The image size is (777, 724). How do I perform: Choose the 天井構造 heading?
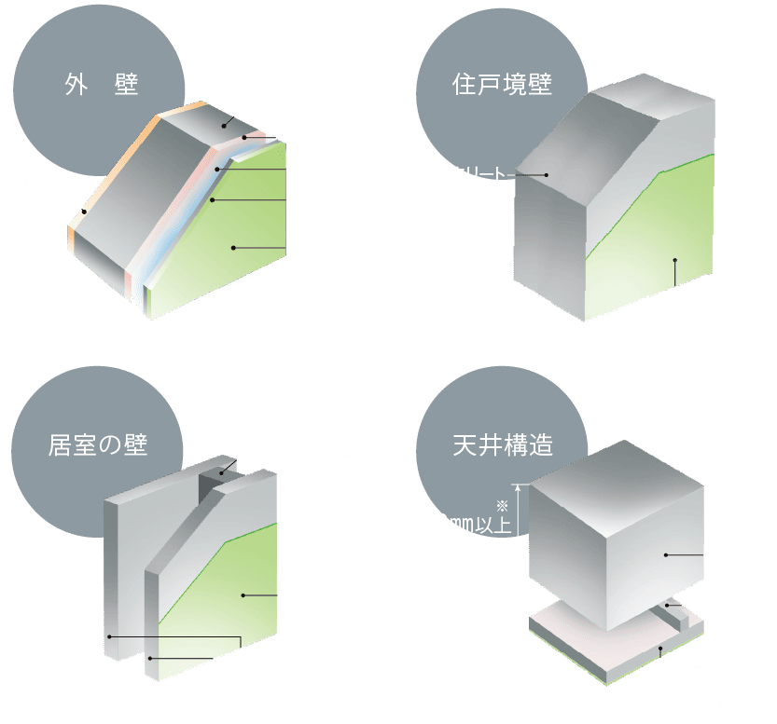504,445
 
